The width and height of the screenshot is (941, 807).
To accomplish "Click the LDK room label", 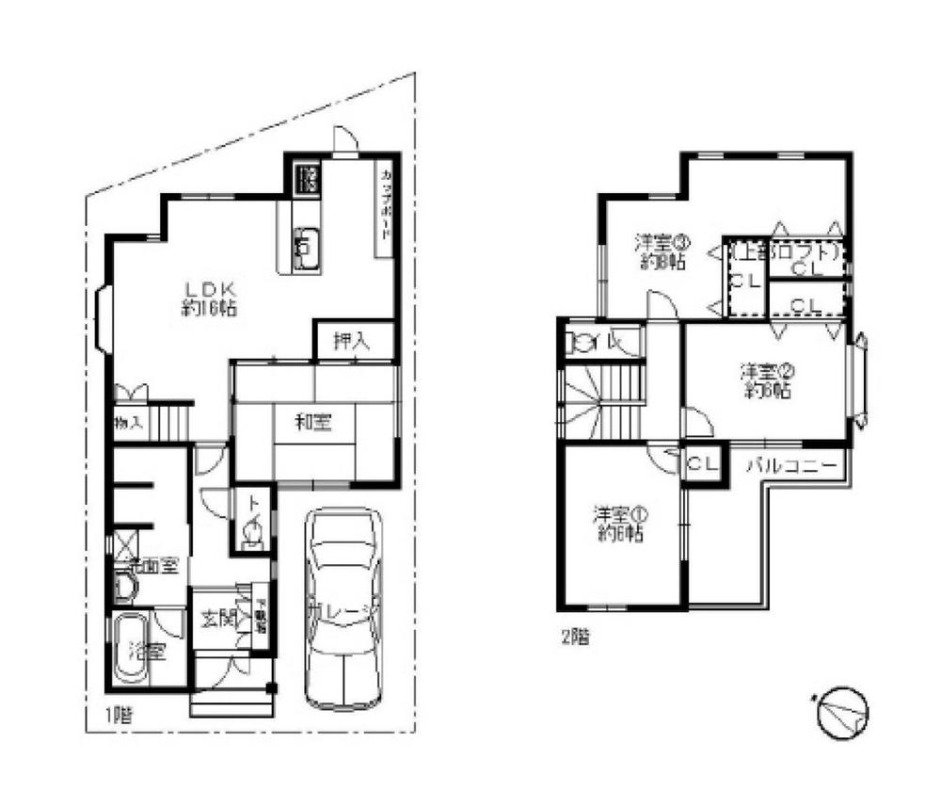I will click(x=210, y=297).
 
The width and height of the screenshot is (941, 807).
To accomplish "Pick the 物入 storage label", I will click(x=128, y=423).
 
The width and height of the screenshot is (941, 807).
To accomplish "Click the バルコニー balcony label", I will click(x=793, y=465).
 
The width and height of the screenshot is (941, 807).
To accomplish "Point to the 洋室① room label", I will click(x=619, y=525).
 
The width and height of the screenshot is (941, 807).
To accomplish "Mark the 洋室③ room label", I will click(x=658, y=251).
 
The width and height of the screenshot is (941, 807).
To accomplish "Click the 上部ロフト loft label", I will click(x=784, y=252).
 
